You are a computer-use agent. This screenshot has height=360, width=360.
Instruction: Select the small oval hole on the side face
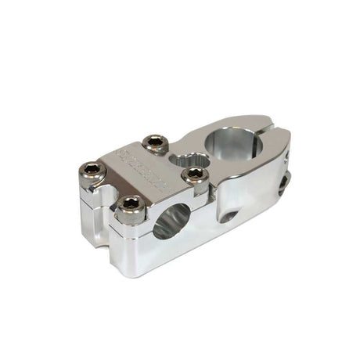pos(228,214)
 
